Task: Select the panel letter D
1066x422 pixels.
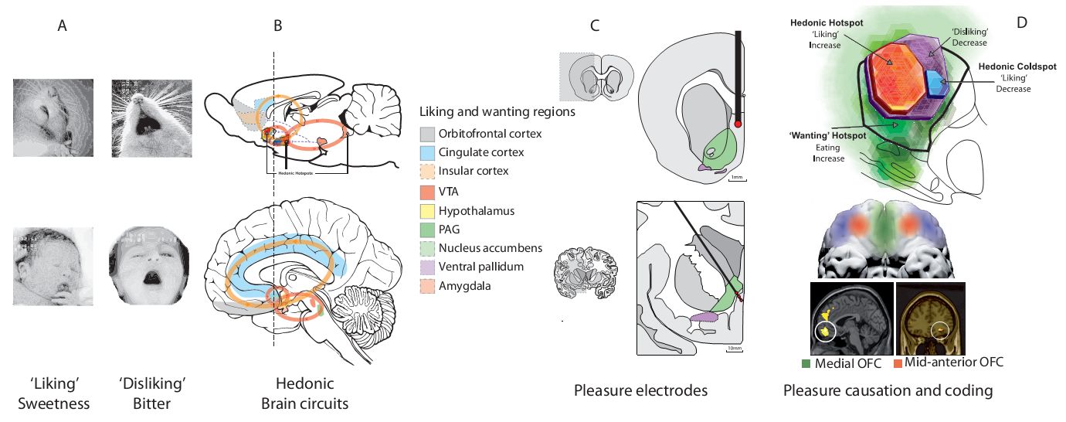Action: point(1022,23)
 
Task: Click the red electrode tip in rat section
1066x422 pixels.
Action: point(738,123)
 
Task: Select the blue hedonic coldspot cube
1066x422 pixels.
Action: point(936,82)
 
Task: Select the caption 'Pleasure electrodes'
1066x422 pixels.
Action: point(640,390)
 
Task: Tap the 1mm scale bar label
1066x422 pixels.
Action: point(736,179)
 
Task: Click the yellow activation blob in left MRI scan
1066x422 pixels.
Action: point(826,331)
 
